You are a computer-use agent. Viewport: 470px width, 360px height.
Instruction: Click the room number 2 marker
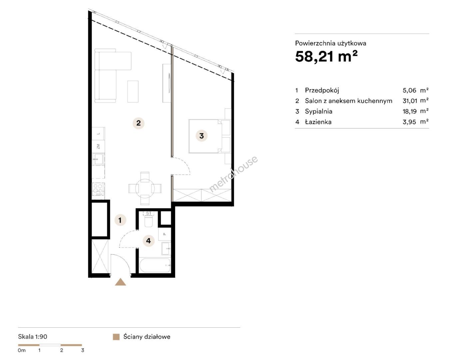138,123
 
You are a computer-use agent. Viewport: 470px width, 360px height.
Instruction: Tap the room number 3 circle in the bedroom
201,136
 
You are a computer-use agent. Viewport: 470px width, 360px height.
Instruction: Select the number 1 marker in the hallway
120,220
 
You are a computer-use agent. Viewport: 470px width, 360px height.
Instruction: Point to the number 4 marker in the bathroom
148,241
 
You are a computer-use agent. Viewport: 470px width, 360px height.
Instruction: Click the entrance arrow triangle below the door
120,282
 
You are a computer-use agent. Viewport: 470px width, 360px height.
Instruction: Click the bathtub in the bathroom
155,265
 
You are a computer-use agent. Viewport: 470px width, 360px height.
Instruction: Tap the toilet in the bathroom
148,219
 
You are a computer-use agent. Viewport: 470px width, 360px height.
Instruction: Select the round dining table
145,189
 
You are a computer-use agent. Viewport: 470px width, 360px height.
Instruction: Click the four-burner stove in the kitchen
98,189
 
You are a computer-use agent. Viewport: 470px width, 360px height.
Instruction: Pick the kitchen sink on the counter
98,159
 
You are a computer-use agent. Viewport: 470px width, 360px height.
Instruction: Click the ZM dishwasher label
98,146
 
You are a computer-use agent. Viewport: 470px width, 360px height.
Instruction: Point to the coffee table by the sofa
133,91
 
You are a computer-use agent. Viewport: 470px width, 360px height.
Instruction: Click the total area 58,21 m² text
326,56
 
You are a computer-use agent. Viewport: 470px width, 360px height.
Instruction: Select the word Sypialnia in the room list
319,111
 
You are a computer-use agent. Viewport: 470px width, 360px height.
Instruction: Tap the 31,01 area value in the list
410,101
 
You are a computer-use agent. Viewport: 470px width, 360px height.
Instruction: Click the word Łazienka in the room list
318,122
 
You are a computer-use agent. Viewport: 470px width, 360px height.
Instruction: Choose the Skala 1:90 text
33,337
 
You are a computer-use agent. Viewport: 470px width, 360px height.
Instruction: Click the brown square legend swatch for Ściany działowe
116,337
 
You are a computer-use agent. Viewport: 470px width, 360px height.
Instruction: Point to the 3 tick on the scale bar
82,350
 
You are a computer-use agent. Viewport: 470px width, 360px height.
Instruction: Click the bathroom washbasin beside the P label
166,249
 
